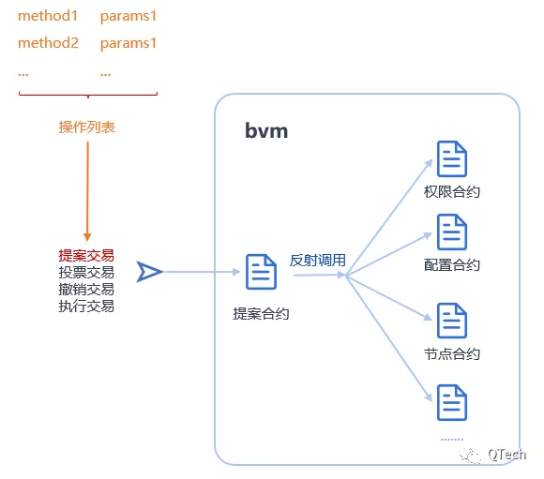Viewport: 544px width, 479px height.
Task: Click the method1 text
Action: pyautogui.click(x=48, y=16)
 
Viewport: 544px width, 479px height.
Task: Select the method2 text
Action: pyautogui.click(x=48, y=43)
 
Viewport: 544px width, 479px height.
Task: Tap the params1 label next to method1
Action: pyautogui.click(x=128, y=17)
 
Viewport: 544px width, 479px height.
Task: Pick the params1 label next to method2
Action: pyautogui.click(x=128, y=44)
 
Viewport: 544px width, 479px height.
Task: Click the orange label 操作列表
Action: pyautogui.click(x=86, y=127)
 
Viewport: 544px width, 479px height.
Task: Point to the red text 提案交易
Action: pyautogui.click(x=86, y=256)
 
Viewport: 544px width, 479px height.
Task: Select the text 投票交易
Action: pyautogui.click(x=86, y=273)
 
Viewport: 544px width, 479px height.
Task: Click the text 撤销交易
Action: pyautogui.click(x=86, y=290)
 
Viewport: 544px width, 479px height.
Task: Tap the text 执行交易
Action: pyautogui.click(x=86, y=307)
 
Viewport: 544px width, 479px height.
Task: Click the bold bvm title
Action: pyautogui.click(x=266, y=130)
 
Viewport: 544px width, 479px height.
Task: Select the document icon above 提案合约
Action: pyautogui.click(x=261, y=272)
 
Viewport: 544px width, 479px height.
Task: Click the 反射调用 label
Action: pyautogui.click(x=318, y=261)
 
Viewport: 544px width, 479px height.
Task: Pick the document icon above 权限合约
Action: pyautogui.click(x=452, y=158)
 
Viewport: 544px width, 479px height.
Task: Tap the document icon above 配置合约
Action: pyautogui.click(x=452, y=232)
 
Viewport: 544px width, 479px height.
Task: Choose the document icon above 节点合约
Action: pyautogui.click(x=452, y=321)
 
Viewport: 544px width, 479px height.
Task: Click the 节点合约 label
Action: pyautogui.click(x=452, y=354)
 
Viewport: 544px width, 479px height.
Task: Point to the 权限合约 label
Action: pyautogui.click(x=452, y=192)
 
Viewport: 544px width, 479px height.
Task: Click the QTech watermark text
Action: pyautogui.click(x=506, y=454)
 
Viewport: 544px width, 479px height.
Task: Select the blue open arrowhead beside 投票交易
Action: pyautogui.click(x=149, y=272)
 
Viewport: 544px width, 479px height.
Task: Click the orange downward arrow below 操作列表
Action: pyautogui.click(x=87, y=191)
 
